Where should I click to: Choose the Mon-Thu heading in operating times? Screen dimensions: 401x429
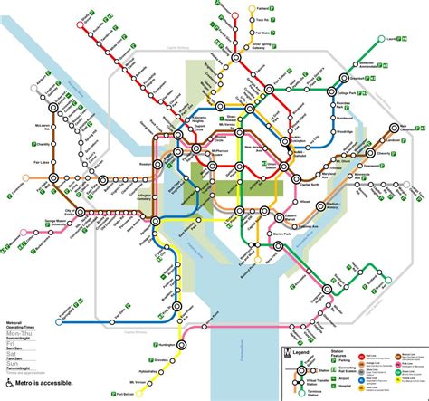[x=19, y=331]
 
